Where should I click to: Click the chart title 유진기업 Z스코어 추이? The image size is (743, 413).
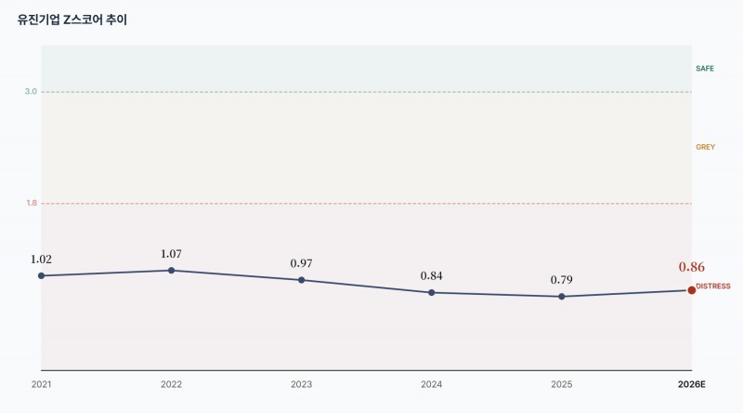pos(72,20)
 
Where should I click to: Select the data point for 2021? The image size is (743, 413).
pos(41,276)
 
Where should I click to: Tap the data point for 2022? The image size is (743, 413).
pos(171,271)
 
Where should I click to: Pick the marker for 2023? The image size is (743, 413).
pos(301,280)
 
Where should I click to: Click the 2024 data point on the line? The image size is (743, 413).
pos(431,293)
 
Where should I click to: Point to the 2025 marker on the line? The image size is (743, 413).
pos(562,297)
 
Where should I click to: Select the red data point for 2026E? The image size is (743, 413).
pos(692,290)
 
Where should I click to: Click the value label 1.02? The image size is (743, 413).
pos(41,260)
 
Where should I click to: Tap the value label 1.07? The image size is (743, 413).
pos(171,254)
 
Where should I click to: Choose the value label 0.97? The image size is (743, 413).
pos(301,263)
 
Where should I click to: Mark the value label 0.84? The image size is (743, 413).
pos(431,276)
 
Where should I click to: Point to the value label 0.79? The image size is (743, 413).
pos(562,280)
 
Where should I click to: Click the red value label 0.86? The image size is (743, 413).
pos(692,267)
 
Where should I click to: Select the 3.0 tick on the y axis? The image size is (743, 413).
pos(31,91)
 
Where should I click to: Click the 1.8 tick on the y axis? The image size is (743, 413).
pos(32,203)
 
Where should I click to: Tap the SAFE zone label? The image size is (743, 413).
pos(705,68)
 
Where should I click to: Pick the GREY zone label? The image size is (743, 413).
pos(705,147)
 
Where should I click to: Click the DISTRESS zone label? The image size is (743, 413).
pos(713,286)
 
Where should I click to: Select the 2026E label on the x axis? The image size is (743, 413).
pos(692,384)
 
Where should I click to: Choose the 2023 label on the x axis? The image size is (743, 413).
pos(301,384)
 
